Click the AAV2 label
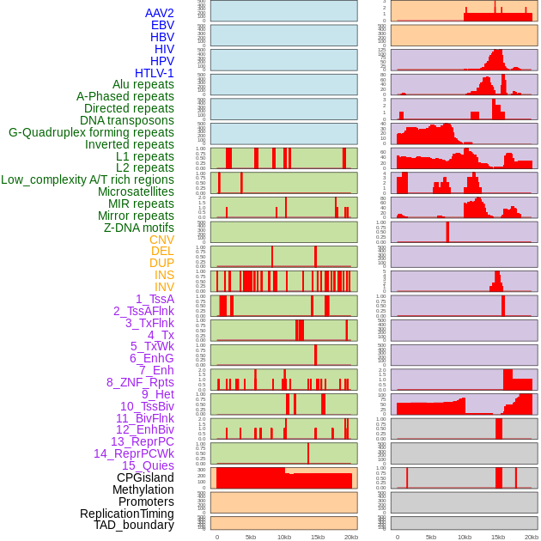pyautogui.click(x=159, y=14)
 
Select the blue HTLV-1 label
pyautogui.click(x=154, y=73)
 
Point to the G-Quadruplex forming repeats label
pyautogui.click(x=91, y=132)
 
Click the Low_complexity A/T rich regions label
pyautogui.click(x=88, y=179)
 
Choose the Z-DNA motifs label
pyautogui.click(x=138, y=228)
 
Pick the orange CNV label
pyautogui.click(x=161, y=240)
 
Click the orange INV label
pyautogui.click(x=164, y=287)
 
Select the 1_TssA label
pyautogui.click(x=155, y=299)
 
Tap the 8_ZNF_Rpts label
pyautogui.click(x=140, y=382)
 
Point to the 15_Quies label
pyautogui.click(x=148, y=465)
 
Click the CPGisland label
pyautogui.click(x=145, y=477)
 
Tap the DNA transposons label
pyautogui.click(x=127, y=120)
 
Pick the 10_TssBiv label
pyautogui.click(x=147, y=406)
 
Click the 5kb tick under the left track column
pyautogui.click(x=251, y=537)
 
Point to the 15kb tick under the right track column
pyautogui.click(x=498, y=537)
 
